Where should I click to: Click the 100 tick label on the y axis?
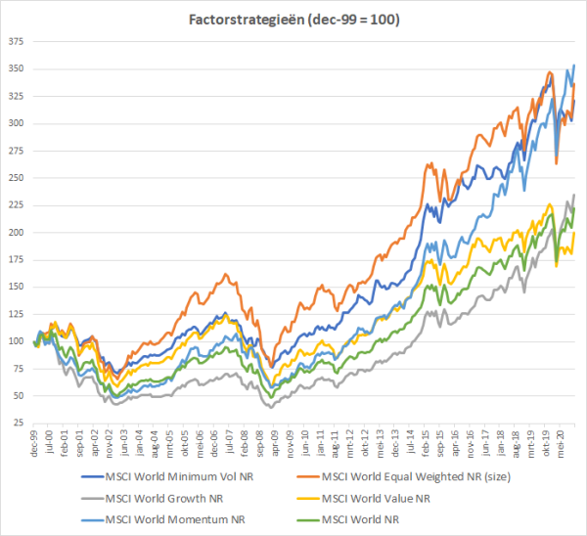16,341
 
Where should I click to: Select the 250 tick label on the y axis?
16,178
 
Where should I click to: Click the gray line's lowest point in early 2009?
271,406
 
